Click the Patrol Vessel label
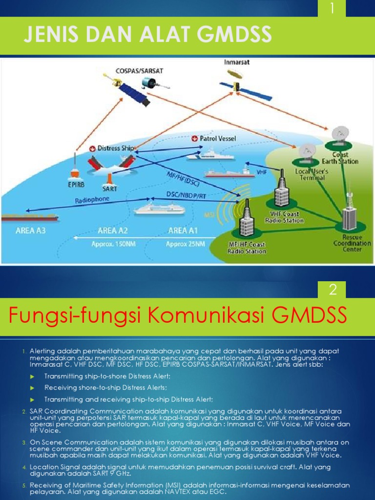click(x=218, y=139)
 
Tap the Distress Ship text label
click(x=116, y=147)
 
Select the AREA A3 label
click(x=30, y=230)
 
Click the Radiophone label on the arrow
click(x=92, y=200)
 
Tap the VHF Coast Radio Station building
click(x=282, y=190)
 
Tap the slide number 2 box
click(x=333, y=290)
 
